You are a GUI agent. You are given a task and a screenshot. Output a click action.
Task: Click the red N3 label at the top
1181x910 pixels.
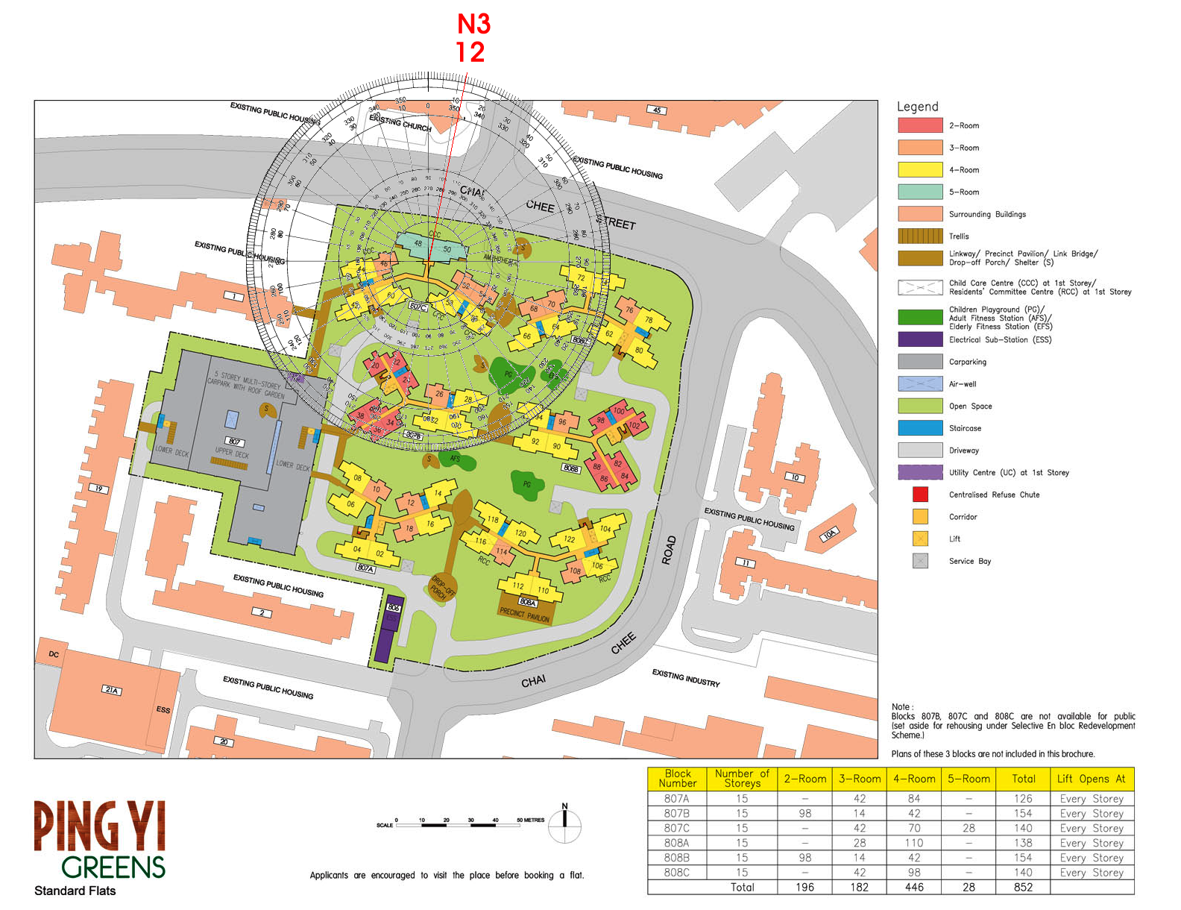click(473, 24)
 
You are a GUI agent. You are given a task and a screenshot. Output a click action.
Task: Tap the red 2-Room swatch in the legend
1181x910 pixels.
click(920, 125)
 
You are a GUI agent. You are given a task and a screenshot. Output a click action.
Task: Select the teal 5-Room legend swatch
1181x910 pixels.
click(920, 192)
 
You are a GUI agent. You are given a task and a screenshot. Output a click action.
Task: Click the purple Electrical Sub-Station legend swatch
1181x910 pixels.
click(920, 339)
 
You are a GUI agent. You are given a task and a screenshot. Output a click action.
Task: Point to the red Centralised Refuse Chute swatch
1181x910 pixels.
click(920, 495)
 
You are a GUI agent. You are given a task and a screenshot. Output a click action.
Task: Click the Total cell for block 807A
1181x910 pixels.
click(1023, 799)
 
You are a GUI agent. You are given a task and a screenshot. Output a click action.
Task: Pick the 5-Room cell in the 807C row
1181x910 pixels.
click(969, 828)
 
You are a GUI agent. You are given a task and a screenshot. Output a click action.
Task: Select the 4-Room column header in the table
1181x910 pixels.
click(914, 779)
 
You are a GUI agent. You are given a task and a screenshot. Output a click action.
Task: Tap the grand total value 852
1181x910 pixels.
click(1023, 888)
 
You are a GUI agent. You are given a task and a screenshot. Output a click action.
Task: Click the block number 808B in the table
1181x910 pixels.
click(676, 858)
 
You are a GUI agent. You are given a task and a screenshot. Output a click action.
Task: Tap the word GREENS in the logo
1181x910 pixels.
click(113, 867)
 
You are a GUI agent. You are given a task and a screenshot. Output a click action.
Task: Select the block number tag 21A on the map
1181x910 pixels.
click(112, 691)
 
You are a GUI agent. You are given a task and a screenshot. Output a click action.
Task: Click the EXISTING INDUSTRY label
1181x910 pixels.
click(686, 678)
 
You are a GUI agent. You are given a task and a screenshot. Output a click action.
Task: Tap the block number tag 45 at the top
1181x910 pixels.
click(656, 110)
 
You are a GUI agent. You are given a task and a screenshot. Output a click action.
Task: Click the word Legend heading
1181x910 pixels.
click(917, 107)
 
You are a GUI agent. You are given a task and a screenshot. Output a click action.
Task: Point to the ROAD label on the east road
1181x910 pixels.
click(670, 550)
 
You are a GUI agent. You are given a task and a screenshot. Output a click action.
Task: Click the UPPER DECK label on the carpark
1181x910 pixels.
click(232, 453)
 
